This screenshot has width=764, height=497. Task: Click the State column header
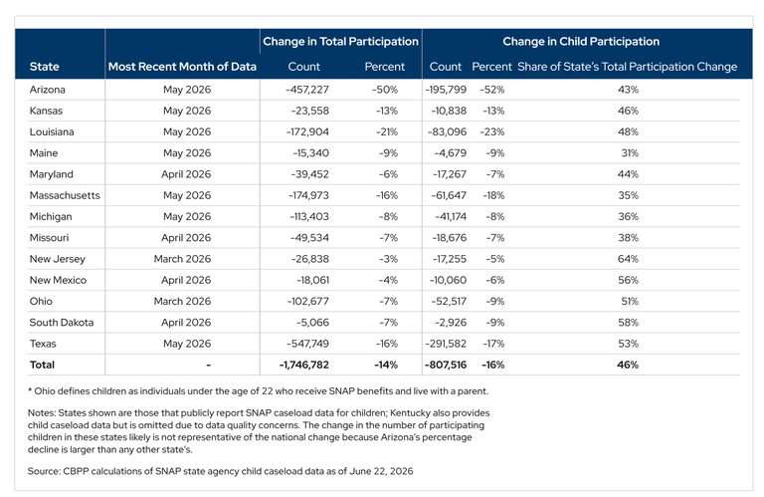coord(45,67)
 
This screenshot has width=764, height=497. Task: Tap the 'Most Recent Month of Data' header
coord(182,67)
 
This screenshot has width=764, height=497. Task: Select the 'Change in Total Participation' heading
coord(340,42)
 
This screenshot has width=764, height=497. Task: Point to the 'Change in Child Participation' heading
coord(581,42)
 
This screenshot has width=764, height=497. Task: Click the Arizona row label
coord(48,90)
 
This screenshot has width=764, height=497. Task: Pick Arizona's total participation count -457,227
coord(307,90)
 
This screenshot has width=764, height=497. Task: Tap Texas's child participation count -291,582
coord(446,344)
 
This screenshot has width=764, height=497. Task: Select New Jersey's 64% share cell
coord(628,259)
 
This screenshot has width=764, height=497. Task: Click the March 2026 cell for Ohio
coord(182,302)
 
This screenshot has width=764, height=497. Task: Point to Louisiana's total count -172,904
coord(307,132)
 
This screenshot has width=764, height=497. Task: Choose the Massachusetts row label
coord(65,195)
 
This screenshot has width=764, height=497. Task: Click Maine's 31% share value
coord(630,153)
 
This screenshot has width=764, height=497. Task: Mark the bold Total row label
coord(42,365)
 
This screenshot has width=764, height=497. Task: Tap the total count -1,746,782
coord(304,365)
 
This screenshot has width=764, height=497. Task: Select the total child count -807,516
coord(446,365)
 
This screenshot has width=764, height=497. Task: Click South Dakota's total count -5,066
coord(312,323)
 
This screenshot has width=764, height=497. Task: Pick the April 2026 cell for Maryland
coord(186,174)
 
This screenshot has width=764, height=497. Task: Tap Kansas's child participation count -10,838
coord(449,112)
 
